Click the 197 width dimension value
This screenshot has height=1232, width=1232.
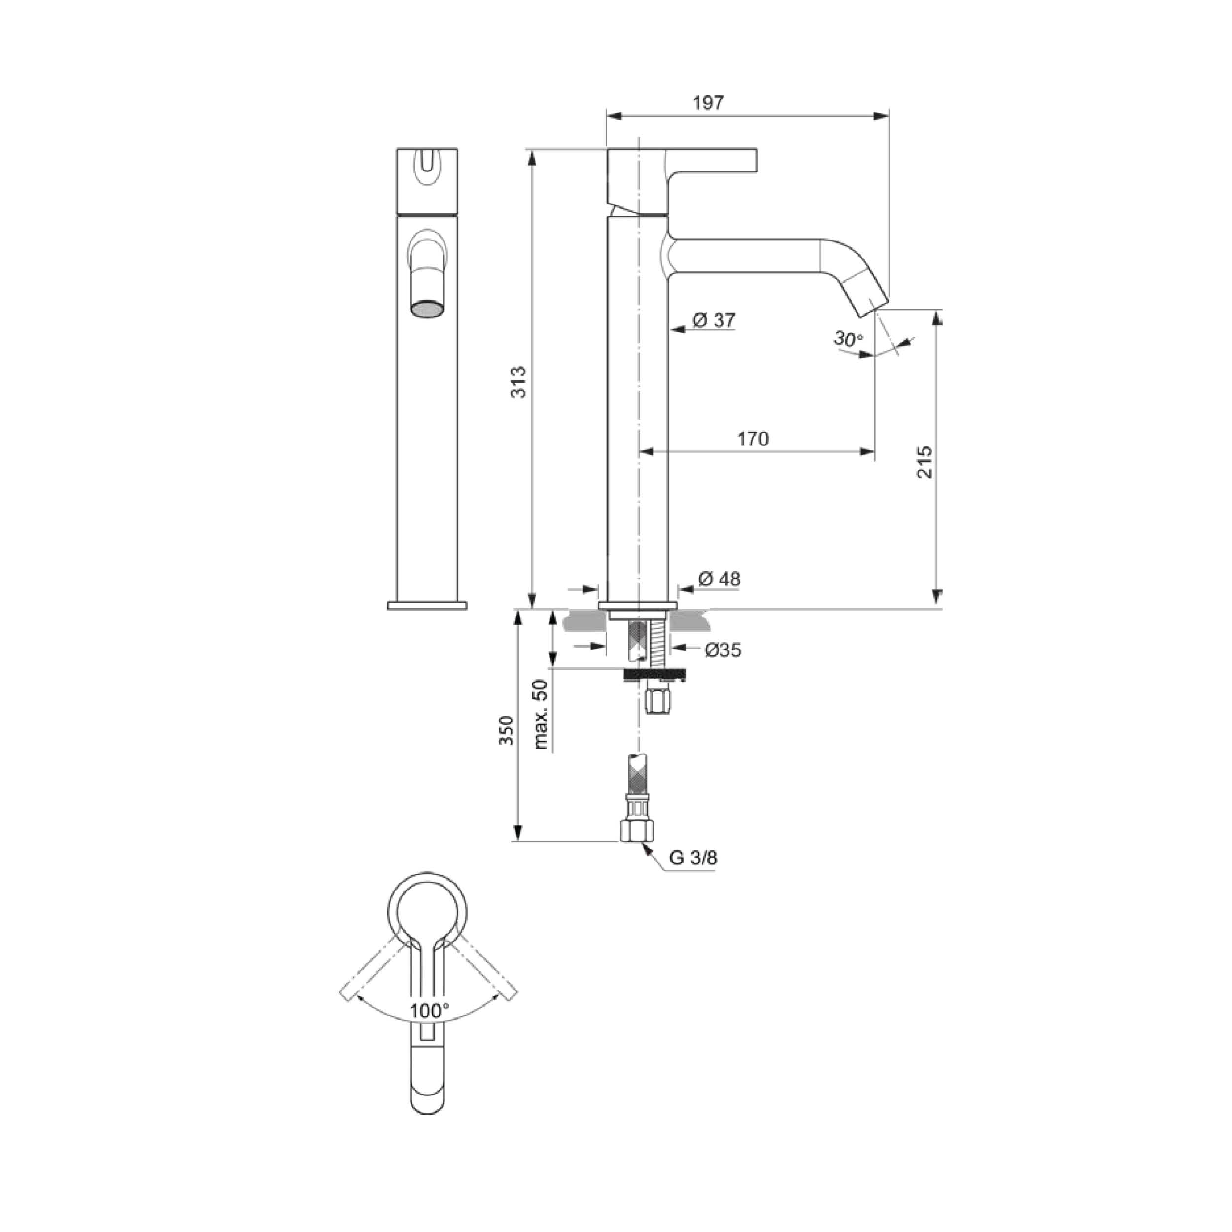(x=709, y=102)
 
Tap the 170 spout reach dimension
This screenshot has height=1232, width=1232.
(x=753, y=439)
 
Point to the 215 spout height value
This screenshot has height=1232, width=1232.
(x=924, y=462)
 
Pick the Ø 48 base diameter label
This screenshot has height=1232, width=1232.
(x=719, y=579)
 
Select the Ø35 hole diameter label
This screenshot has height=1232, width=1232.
(x=723, y=650)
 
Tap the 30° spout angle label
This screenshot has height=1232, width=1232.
(x=848, y=339)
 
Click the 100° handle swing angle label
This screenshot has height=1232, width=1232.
(x=429, y=1011)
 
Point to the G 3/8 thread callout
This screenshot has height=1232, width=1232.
(x=693, y=857)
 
